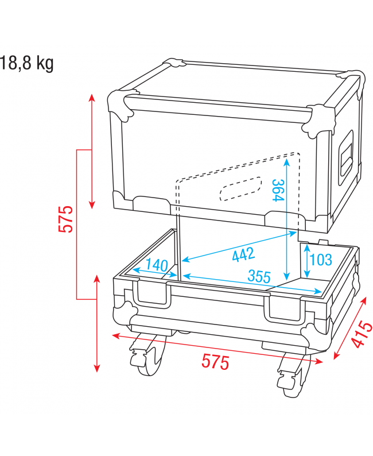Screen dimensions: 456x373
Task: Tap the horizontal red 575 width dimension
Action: point(215,362)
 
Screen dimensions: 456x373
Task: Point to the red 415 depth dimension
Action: point(359,335)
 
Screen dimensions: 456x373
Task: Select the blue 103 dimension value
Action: point(320,260)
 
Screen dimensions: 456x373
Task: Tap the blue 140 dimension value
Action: point(156,265)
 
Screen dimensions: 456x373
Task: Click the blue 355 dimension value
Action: point(259,276)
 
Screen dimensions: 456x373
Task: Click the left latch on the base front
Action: point(153,295)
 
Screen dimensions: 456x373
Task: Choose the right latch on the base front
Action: point(284,310)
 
